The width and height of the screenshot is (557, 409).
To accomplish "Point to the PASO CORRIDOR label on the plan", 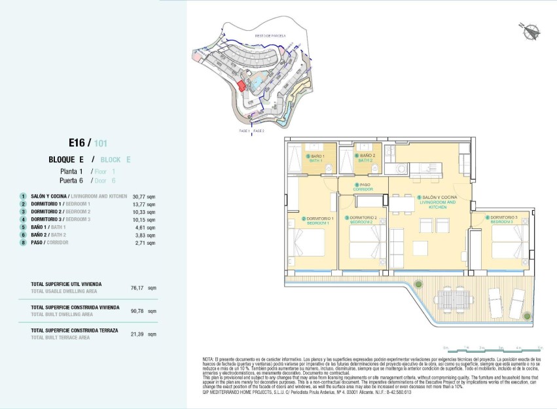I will click(x=363, y=187).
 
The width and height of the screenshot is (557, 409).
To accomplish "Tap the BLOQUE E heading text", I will click(x=67, y=160).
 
